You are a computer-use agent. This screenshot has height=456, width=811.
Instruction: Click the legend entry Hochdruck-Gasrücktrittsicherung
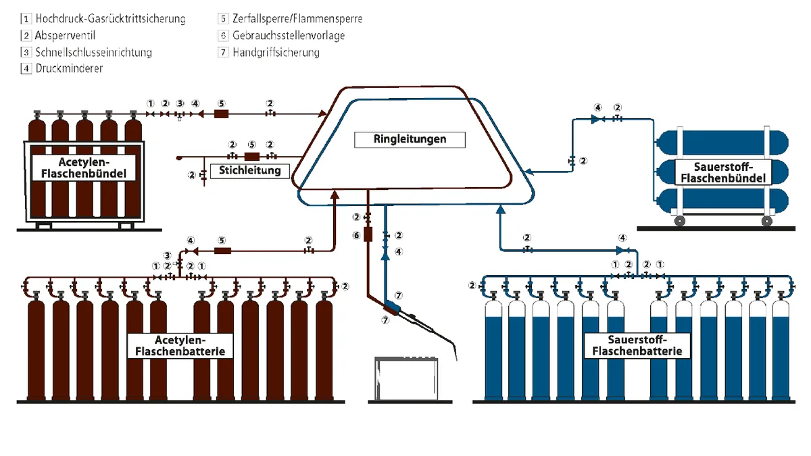110,19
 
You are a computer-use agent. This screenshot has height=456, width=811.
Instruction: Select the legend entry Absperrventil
65,35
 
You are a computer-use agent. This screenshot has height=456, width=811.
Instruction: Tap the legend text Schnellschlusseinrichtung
93,53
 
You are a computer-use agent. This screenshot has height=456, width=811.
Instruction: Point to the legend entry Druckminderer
69,68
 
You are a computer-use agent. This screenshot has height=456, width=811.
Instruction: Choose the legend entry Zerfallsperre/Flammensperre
297,18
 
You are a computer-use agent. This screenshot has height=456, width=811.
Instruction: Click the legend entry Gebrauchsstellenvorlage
289,35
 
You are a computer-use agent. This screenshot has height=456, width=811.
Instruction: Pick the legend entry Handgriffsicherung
276,53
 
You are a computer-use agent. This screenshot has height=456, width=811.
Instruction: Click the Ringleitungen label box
410,140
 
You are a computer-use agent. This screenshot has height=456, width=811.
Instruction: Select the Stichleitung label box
250,171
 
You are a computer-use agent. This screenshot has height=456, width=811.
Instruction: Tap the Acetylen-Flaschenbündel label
84,168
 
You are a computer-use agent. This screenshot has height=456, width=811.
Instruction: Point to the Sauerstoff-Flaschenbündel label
723,173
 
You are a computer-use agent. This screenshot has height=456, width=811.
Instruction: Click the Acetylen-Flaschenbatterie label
180,346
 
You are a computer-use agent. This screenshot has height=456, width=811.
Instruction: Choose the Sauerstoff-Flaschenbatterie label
637,345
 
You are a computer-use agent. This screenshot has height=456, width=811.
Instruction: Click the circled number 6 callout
357,236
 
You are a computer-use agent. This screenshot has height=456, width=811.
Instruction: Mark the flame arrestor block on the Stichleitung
252,157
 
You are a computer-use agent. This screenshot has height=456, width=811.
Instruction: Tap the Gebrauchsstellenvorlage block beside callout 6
368,234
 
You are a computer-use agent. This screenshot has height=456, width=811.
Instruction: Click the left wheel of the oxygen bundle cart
680,221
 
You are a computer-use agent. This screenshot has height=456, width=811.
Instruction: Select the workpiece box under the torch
406,378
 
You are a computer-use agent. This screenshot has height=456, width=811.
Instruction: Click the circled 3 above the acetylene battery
167,255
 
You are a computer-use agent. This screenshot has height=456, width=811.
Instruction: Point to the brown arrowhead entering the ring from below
335,195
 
